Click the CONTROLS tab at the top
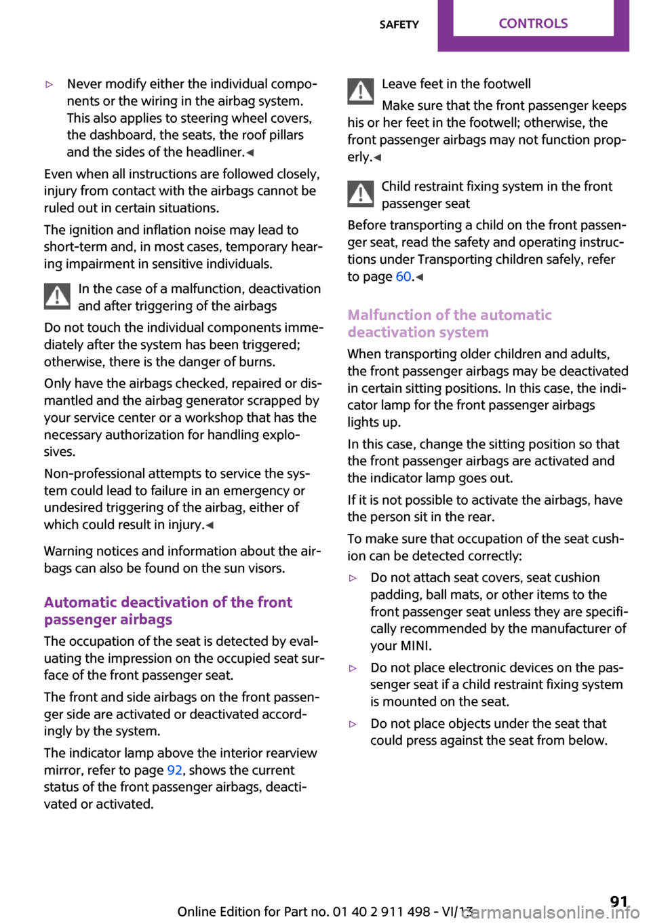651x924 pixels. (x=533, y=24)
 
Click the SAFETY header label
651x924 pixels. (x=399, y=24)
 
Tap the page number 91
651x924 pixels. (x=618, y=902)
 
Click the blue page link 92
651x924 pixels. (x=174, y=770)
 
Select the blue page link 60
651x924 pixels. (x=403, y=277)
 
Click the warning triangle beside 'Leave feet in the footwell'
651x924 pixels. (x=361, y=92)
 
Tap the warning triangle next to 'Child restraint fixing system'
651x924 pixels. (x=361, y=194)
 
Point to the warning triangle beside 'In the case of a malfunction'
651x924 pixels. (x=58, y=296)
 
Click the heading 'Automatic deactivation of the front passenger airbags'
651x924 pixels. (x=168, y=611)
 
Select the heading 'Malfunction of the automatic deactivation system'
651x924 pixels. (x=450, y=324)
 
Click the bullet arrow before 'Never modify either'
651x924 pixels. (x=49, y=85)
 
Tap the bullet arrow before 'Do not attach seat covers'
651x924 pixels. (x=353, y=579)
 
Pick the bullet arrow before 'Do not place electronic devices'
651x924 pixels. (x=353, y=668)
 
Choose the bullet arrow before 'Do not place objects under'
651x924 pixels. (x=353, y=725)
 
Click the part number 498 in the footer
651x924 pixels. (x=414, y=911)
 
